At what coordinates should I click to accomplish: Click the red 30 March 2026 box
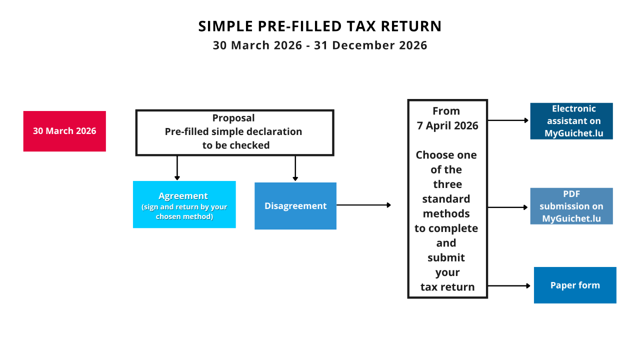point(64,131)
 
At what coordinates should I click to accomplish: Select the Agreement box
point(184,204)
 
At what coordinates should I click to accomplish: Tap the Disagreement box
point(295,206)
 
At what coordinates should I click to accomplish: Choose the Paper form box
point(575,285)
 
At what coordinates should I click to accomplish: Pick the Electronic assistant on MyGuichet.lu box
point(571,121)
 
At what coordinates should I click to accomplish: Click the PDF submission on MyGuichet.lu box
point(571,206)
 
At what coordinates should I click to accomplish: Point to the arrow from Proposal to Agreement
point(177,168)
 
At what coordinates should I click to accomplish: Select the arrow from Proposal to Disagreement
point(295,168)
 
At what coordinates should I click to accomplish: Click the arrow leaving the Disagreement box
point(363,205)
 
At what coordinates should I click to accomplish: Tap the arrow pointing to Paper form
point(509,285)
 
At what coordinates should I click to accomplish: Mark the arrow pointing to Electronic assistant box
point(508,120)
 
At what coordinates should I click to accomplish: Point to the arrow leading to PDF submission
point(507,207)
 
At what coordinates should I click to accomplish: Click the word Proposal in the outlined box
point(233,118)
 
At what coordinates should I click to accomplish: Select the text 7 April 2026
point(447,125)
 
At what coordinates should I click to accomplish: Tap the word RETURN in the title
point(411,26)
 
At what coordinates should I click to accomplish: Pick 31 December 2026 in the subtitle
point(370,45)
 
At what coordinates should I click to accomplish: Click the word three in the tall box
point(447,184)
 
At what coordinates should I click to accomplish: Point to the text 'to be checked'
point(236,145)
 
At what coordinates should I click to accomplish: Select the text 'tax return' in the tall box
point(447,287)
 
